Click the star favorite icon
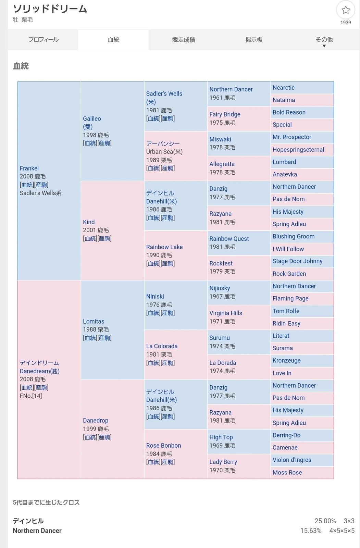[345, 10]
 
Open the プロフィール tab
[44, 40]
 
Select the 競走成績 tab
[184, 40]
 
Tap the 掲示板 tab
[254, 40]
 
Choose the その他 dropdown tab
[324, 40]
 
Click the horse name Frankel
[29, 168]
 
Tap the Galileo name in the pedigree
[92, 119]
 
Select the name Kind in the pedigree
[89, 222]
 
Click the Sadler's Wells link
[164, 94]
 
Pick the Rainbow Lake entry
[164, 247]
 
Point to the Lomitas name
[94, 321]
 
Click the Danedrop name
[96, 420]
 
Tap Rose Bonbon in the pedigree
[163, 445]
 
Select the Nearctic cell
[284, 88]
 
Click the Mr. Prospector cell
[292, 137]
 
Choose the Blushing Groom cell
[294, 236]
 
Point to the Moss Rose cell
[287, 472]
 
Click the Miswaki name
[220, 139]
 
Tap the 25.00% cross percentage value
[325, 521]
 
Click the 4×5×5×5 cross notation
[342, 531]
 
